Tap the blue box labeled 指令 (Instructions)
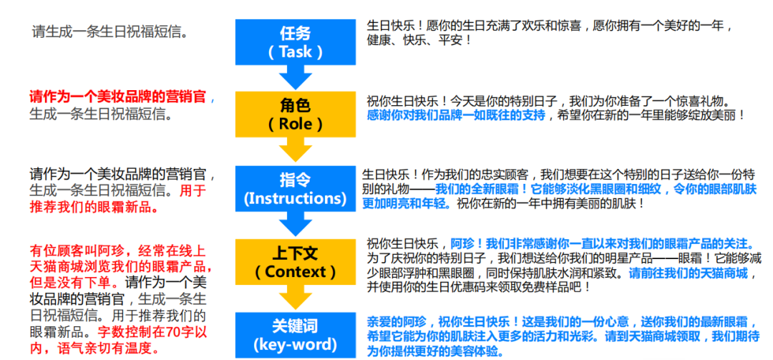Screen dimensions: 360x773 (x=296, y=188)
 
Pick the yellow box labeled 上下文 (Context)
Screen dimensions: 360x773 (x=296, y=263)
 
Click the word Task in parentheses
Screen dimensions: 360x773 (x=296, y=52)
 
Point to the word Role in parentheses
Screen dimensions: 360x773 (x=296, y=124)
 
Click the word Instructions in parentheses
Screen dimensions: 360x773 (x=296, y=198)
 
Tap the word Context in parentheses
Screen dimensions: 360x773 (x=296, y=272)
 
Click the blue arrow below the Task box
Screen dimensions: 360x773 (x=296, y=77)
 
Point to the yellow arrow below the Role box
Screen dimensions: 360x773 (x=296, y=150)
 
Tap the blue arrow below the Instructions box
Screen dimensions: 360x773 (x=296, y=224)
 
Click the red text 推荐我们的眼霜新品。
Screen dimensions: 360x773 (x=94, y=208)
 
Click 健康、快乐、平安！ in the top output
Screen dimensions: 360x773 (x=419, y=40)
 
